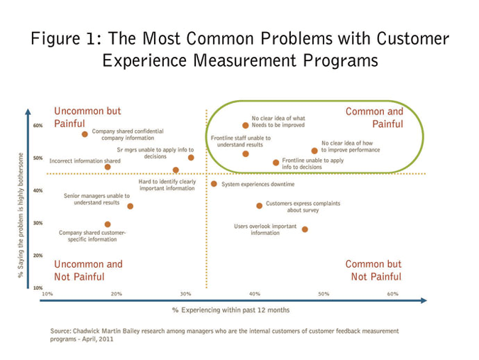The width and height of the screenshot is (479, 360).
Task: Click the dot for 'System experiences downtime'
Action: point(214,184)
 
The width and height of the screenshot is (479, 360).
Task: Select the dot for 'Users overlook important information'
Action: point(305,229)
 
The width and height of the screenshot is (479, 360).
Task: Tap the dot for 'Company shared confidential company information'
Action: point(84,134)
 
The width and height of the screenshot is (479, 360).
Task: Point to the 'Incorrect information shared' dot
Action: point(108,168)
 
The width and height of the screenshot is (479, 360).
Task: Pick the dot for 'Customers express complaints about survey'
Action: point(259,206)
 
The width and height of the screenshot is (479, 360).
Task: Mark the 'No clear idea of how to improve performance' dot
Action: point(314,151)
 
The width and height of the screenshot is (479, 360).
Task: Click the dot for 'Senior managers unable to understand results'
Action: point(130,206)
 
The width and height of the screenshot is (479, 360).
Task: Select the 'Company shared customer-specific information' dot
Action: point(108,224)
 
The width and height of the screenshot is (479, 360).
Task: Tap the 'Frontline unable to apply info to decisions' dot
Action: point(276,163)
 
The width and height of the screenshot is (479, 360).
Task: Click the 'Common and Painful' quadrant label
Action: point(374,118)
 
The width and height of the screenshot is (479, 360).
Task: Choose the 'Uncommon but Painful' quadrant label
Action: point(88,117)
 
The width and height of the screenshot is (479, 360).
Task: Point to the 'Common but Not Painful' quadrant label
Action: point(373,271)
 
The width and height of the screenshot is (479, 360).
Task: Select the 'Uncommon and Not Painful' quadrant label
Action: point(89,271)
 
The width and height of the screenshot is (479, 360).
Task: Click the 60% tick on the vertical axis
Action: point(38,126)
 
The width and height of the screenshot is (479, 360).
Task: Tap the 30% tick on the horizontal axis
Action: point(185,293)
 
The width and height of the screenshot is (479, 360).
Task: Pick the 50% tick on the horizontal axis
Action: point(324,293)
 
